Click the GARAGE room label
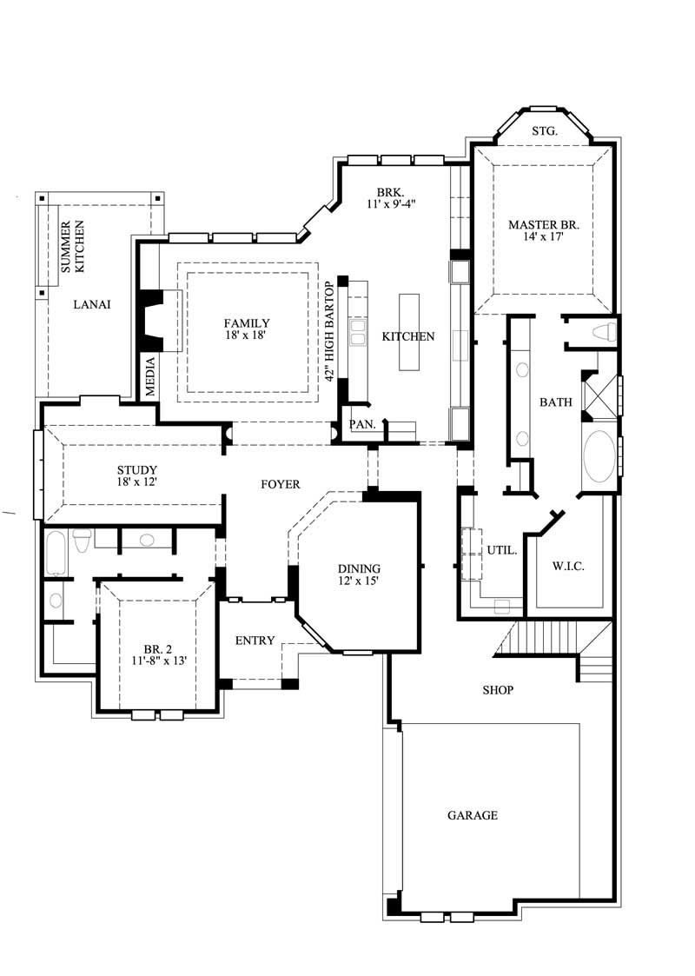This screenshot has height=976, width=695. tap(473, 815)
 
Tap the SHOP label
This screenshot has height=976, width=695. tap(498, 690)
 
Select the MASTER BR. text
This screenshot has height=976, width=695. tap(543, 224)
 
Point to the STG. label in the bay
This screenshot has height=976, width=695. tap(544, 131)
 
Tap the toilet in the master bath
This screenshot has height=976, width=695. tap(606, 331)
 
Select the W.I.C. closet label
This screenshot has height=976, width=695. tap(568, 567)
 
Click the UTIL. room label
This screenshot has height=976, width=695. tap(502, 550)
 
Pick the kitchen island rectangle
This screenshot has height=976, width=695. tap(408, 331)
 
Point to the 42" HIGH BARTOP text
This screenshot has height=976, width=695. tap(329, 332)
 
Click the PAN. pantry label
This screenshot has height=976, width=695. tap(361, 425)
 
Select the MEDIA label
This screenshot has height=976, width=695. tap(149, 376)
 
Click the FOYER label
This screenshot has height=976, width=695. tap(280, 484)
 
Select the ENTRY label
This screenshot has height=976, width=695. tap(255, 641)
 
